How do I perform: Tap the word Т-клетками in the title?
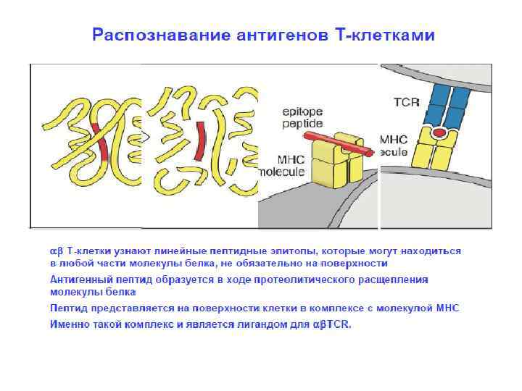coord(388,35)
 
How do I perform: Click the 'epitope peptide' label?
coord(302,118)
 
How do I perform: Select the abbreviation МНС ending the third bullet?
coord(447,308)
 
